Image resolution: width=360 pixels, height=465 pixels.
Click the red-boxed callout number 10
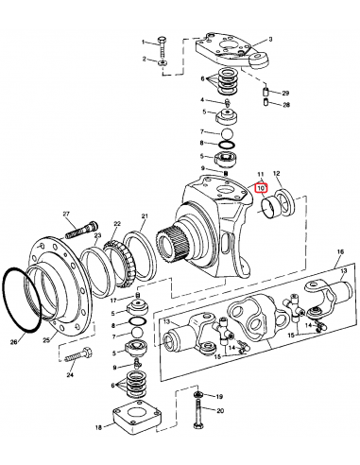[261, 188]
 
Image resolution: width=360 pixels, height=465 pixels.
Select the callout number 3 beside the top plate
[270, 40]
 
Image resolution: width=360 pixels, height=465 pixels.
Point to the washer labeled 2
[163, 62]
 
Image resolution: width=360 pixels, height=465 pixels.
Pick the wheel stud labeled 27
[82, 230]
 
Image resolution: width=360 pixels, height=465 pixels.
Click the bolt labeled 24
[78, 354]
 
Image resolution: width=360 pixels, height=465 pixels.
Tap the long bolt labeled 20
[197, 414]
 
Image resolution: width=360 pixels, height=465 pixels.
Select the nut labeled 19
[198, 394]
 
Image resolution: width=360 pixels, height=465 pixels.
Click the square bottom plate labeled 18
[137, 418]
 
